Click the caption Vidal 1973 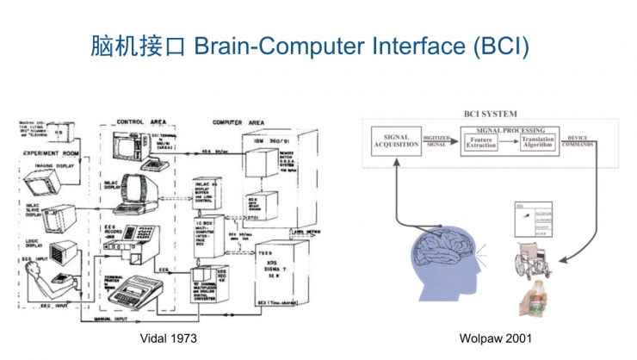coord(169,339)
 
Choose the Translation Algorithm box coord(540,144)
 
